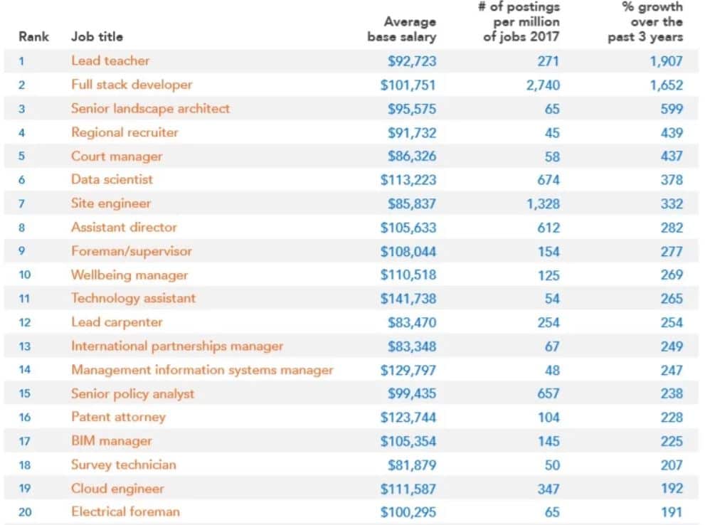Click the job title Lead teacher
click(x=110, y=61)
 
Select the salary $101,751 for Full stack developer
click(x=408, y=85)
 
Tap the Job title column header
click(x=97, y=37)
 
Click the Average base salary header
click(x=402, y=29)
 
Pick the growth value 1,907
click(x=666, y=61)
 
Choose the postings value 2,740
click(x=543, y=85)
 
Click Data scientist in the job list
click(x=112, y=180)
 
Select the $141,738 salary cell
click(x=408, y=299)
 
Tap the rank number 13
click(x=24, y=346)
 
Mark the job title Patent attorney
click(x=118, y=418)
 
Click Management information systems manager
click(x=202, y=370)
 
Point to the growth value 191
click(x=671, y=512)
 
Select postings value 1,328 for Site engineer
click(x=543, y=203)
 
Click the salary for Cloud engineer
click(x=408, y=489)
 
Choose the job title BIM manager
click(x=112, y=441)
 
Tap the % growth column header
click(x=645, y=22)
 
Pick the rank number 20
click(x=24, y=512)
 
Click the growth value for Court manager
click(x=671, y=157)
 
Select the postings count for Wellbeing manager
click(x=548, y=275)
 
